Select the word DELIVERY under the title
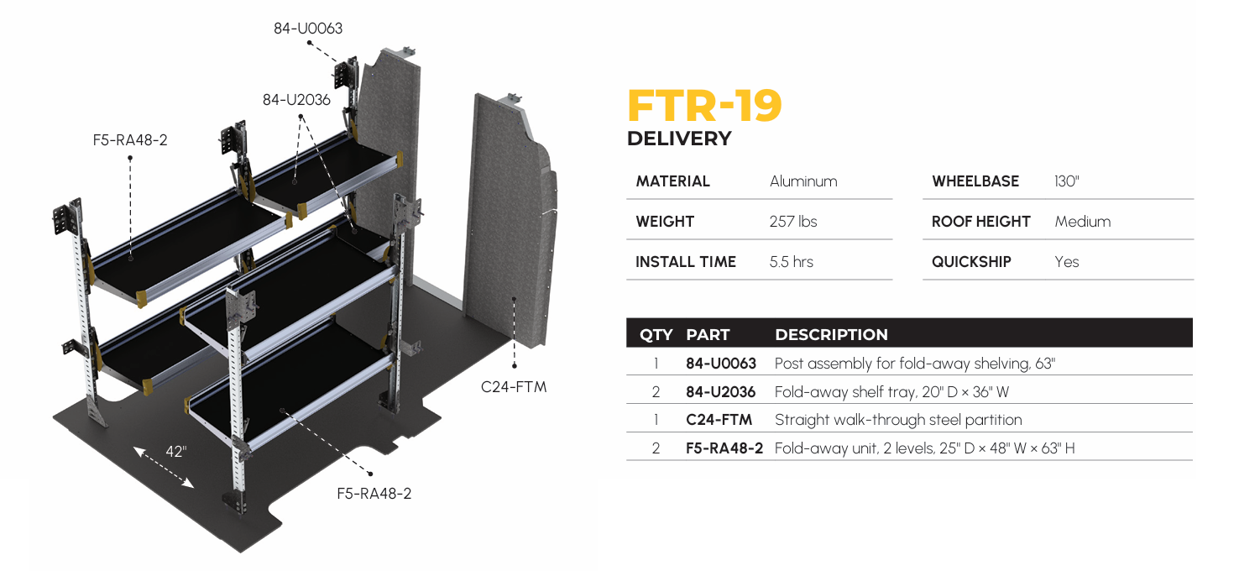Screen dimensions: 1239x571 click(x=679, y=139)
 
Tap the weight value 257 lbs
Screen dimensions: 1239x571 click(x=792, y=222)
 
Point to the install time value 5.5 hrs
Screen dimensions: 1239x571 click(x=791, y=262)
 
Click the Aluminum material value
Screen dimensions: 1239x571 click(x=803, y=181)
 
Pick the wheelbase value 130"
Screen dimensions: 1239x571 click(x=1066, y=181)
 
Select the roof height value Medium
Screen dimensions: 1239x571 click(x=1083, y=222)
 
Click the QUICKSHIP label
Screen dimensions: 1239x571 click(x=971, y=262)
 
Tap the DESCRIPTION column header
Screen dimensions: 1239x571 click(x=831, y=334)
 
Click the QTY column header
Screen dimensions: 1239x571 click(x=656, y=334)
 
